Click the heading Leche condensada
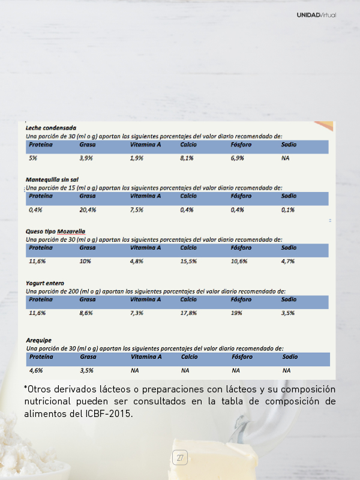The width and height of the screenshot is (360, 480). tap(50, 128)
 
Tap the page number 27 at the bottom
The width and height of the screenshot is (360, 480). tap(180, 458)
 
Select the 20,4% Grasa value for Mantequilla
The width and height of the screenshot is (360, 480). tap(88, 210)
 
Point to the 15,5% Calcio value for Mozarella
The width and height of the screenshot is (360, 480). tap(188, 262)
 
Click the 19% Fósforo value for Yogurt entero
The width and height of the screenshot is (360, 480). tap(236, 313)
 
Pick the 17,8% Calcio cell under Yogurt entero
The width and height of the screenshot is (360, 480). tap(188, 313)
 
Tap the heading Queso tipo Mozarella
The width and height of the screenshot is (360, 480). tap(55, 231)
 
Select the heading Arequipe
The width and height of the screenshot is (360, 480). tap(38, 340)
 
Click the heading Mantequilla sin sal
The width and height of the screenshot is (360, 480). tap(52, 179)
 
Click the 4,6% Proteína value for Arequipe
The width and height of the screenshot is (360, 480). tap(36, 371)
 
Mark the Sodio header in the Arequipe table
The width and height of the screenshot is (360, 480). tap(290, 356)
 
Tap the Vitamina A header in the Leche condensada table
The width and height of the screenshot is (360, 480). tap(145, 145)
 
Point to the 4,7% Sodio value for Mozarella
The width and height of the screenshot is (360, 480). tap(288, 262)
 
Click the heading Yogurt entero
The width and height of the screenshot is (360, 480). tap(45, 283)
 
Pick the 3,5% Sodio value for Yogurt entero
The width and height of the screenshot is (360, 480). tap(288, 313)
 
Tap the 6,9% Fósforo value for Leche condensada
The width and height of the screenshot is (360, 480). tap(238, 158)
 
